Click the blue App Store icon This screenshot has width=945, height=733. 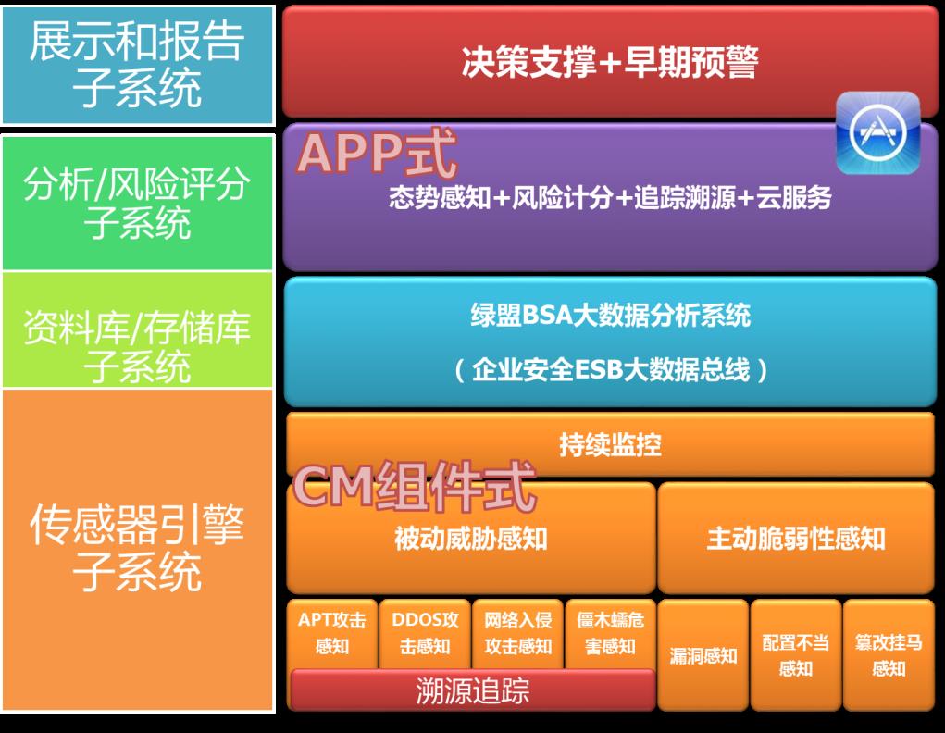[877, 133]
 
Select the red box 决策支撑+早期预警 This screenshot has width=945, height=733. [609, 63]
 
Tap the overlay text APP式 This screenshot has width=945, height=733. [378, 154]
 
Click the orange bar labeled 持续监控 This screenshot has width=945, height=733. [610, 444]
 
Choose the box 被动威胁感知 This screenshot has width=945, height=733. [470, 539]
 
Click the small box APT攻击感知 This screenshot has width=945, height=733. [331, 633]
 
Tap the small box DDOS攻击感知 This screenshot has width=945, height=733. [425, 633]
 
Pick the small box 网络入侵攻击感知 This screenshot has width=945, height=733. [518, 633]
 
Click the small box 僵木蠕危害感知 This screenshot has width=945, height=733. [610, 633]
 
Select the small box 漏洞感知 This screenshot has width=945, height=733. [703, 655]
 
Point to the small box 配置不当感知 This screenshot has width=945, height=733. [796, 654]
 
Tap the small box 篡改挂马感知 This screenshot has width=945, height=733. [889, 654]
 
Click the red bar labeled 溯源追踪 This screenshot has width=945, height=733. [472, 690]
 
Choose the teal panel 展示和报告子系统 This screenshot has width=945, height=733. [137, 65]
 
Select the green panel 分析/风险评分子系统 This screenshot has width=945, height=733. [137, 203]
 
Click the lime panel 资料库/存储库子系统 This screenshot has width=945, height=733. [137, 331]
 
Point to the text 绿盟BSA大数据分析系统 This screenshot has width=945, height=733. [610, 316]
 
